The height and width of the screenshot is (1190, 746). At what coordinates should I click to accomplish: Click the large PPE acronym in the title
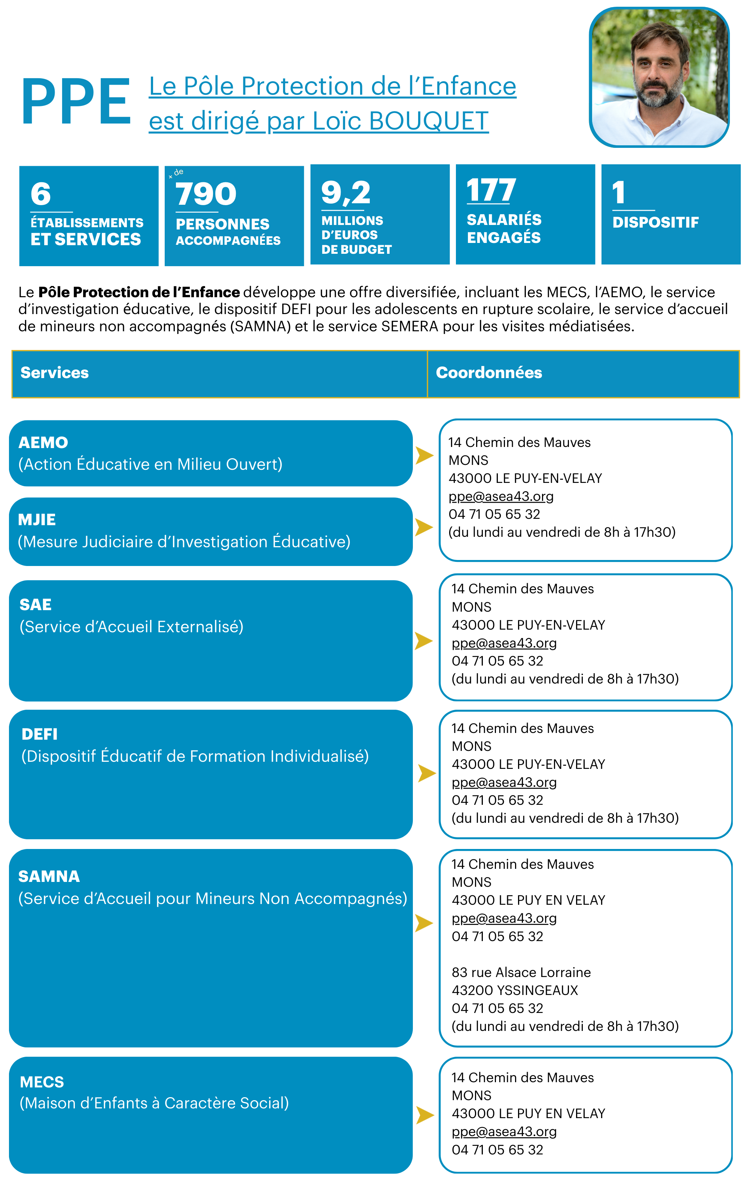click(x=76, y=102)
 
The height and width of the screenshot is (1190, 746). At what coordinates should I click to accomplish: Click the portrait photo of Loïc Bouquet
click(x=659, y=77)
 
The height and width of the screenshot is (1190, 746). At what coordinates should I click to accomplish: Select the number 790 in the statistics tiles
click(x=206, y=194)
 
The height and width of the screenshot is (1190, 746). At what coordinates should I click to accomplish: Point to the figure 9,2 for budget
click(x=345, y=192)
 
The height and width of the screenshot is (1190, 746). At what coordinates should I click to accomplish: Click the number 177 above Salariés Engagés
click(x=491, y=191)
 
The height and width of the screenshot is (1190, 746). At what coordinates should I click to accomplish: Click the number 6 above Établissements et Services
click(x=40, y=194)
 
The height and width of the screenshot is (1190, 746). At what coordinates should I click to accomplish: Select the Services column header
click(x=55, y=372)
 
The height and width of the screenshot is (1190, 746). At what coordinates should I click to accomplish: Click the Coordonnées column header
click(x=488, y=372)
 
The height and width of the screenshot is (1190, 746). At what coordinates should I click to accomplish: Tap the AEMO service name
click(x=43, y=442)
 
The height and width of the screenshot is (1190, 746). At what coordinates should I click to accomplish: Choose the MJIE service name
click(x=37, y=520)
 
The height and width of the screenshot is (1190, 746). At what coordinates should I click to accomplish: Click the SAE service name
click(x=36, y=605)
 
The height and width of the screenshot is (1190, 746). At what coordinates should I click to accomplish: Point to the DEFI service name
click(x=39, y=734)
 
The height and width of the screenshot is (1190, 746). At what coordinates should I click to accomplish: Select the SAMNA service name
click(x=49, y=876)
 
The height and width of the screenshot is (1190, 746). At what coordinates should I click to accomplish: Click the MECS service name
click(x=42, y=1082)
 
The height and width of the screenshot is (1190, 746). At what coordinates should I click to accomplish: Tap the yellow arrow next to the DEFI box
click(x=426, y=773)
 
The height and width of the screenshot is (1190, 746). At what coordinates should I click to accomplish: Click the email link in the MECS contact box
click(x=504, y=1131)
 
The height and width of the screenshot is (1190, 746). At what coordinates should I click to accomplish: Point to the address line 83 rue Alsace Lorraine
click(x=521, y=972)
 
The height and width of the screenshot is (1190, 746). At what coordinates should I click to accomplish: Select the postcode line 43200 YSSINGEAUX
click(x=515, y=990)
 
